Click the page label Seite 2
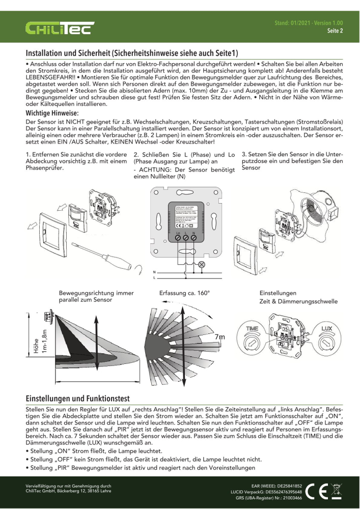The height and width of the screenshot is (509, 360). point(335,31)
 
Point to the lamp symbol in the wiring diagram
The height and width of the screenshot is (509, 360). point(201,264)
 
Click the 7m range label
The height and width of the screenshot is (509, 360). point(220,337)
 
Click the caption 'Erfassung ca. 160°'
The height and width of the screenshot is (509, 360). point(184,293)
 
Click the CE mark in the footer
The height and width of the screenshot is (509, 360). point(319,490)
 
